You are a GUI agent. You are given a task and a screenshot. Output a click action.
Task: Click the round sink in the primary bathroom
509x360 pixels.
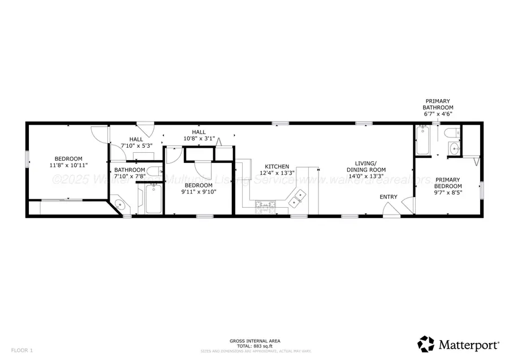454,149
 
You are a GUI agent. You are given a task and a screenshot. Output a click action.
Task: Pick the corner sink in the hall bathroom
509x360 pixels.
119,205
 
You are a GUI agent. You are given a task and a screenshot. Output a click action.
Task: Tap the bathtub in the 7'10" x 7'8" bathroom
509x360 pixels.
153,199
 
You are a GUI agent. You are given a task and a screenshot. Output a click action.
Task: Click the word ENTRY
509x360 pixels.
389,197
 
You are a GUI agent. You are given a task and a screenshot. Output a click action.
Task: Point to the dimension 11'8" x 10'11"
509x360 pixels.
68,165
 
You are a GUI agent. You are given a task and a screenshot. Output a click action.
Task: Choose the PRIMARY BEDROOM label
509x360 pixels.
448,183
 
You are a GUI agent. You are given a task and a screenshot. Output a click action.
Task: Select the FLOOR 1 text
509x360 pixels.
22,350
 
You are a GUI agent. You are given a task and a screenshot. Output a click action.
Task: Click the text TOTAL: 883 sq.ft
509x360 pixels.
255,345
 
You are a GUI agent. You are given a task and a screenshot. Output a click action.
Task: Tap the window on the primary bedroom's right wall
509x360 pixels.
482,190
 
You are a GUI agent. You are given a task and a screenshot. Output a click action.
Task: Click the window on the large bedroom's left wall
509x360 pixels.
26,158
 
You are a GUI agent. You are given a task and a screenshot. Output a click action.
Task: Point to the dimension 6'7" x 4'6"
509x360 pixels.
439,114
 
